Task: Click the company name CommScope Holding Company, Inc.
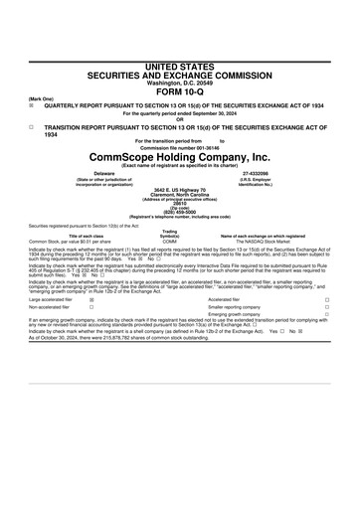click(180, 157)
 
